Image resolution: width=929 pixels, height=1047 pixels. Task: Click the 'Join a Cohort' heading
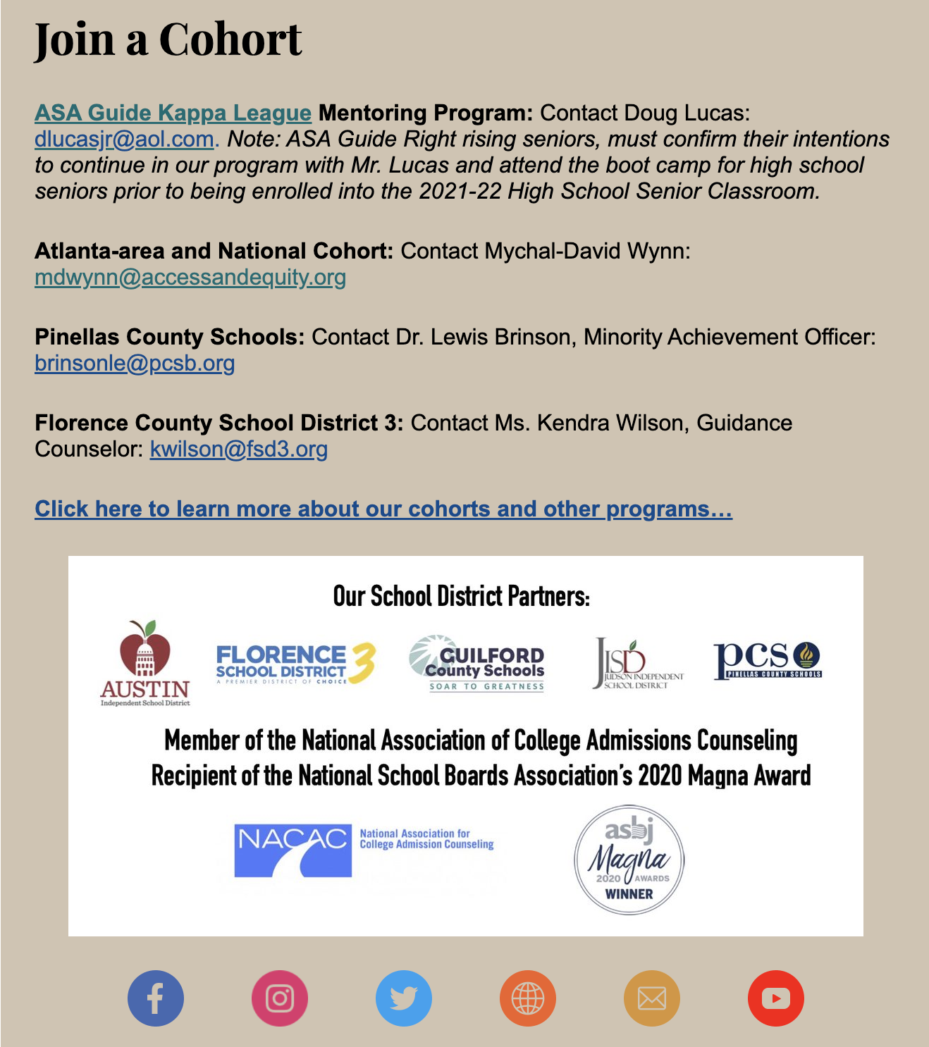tap(168, 39)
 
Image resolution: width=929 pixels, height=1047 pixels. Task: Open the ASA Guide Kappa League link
tap(173, 113)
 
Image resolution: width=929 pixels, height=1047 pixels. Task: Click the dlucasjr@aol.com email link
tap(124, 139)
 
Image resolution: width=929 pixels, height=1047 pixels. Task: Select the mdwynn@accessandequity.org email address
tap(190, 277)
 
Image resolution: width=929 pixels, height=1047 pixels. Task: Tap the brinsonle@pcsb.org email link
tap(135, 363)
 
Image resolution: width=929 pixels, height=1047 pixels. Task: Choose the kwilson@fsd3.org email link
tap(239, 449)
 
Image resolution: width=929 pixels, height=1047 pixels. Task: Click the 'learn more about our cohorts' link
tap(383, 509)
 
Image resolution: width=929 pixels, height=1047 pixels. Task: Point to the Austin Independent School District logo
tap(145, 663)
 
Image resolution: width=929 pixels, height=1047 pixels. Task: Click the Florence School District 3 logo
tap(295, 663)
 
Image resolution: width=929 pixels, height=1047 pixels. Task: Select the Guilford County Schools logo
tap(477, 663)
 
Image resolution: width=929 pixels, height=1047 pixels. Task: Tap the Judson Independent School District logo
tap(636, 663)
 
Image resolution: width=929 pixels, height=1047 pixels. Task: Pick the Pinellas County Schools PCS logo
tap(768, 660)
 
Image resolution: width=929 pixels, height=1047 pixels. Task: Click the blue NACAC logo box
tap(293, 850)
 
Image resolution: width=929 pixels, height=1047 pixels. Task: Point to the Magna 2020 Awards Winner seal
tap(629, 860)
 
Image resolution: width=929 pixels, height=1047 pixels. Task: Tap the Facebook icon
tap(156, 998)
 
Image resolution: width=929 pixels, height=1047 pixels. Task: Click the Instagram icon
tap(280, 998)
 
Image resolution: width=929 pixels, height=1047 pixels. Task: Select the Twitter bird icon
tap(404, 998)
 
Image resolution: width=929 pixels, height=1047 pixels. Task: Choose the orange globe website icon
tap(528, 998)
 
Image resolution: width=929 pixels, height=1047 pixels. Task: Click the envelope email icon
tap(652, 998)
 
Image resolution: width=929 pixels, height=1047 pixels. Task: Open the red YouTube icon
tap(776, 998)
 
